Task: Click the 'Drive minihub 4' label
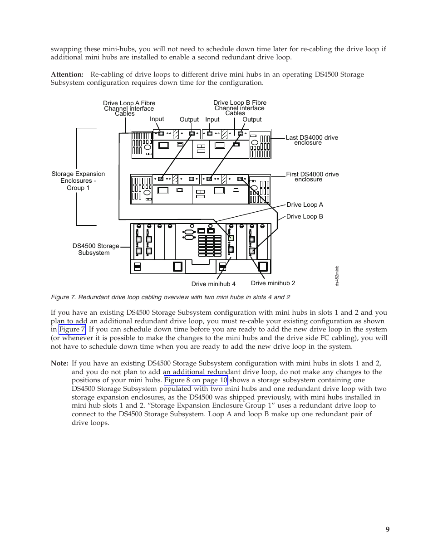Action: point(213,284)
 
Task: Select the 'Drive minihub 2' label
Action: point(273,283)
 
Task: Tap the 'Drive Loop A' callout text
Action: point(305,205)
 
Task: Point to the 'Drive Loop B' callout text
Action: point(305,217)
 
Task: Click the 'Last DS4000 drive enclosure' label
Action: point(311,140)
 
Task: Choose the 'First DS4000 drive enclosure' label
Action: point(312,177)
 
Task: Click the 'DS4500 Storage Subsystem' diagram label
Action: point(95,249)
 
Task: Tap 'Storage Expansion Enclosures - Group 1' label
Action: point(78,181)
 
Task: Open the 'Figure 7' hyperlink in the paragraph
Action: point(72,330)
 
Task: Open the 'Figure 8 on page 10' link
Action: point(196,380)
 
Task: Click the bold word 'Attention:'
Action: point(67,74)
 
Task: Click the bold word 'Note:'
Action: point(59,363)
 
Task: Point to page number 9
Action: point(388,530)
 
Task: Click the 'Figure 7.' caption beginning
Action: point(63,297)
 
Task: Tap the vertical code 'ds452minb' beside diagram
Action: point(337,276)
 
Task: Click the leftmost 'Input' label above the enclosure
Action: point(157,119)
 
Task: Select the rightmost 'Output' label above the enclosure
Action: point(252,120)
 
